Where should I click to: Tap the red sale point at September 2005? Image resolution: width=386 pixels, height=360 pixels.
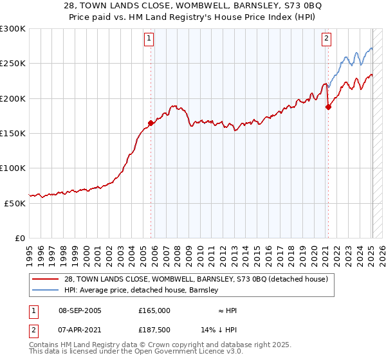(151, 123)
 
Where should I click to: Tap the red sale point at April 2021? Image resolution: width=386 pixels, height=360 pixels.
(328, 107)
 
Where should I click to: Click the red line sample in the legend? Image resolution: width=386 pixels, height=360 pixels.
(45, 279)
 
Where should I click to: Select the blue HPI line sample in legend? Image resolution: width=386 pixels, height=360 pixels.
(45, 290)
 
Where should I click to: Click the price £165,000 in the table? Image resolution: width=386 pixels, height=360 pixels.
(154, 310)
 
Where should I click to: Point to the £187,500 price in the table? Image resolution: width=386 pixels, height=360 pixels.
(154, 330)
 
